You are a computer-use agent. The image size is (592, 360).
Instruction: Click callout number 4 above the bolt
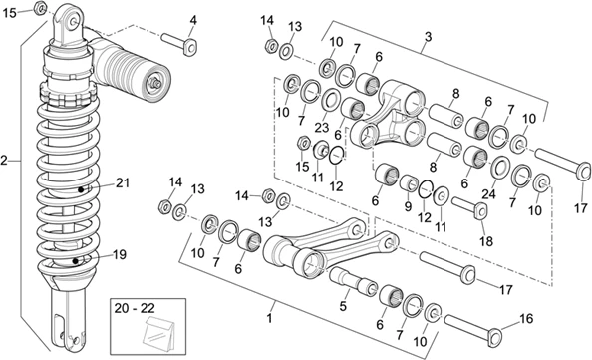point(193,20)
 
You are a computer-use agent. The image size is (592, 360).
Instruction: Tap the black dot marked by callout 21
point(81,189)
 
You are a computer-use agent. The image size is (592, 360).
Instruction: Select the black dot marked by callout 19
point(75,261)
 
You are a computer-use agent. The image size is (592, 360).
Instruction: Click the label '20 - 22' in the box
point(135,308)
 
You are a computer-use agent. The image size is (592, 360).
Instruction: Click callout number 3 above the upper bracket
point(428,37)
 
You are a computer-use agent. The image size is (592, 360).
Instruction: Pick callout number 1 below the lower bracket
point(269,318)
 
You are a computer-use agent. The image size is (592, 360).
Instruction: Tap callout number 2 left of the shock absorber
point(4,161)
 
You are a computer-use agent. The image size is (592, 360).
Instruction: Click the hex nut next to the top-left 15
point(40,7)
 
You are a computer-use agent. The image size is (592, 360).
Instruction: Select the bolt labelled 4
point(180,43)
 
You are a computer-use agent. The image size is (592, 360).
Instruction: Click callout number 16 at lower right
point(526,319)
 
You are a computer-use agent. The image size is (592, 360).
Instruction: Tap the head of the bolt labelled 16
point(495,337)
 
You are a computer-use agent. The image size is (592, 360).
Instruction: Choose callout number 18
point(486,241)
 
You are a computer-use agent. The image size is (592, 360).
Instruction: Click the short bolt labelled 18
point(469,206)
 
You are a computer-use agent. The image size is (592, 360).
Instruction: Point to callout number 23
point(322,127)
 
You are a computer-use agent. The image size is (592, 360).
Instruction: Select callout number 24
point(487,194)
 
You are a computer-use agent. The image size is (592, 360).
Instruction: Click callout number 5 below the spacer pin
point(343,306)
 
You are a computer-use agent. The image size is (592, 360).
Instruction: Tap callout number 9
point(408,206)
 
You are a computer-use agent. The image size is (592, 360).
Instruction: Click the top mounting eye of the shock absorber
point(70,23)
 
